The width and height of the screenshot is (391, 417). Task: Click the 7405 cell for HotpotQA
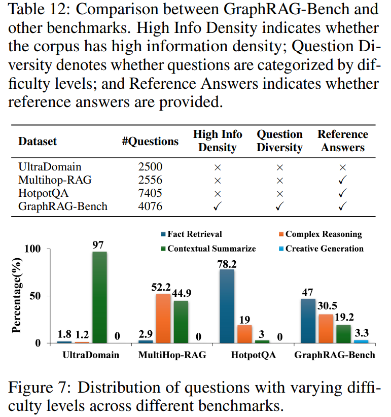coord(150,193)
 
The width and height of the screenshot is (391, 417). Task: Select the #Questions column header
coord(150,141)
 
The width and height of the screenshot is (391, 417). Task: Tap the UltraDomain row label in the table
coord(42,167)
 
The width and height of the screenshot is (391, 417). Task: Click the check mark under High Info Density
coord(217,206)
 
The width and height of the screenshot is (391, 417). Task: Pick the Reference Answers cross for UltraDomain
coord(342,167)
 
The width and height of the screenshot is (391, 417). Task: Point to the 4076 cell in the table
coord(150,206)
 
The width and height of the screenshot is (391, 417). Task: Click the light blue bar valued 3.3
coord(362,341)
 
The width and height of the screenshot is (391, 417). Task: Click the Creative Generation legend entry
coord(320,249)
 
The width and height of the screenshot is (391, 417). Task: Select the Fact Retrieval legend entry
coord(191,234)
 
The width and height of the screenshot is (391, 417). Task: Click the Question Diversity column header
coord(279,141)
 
